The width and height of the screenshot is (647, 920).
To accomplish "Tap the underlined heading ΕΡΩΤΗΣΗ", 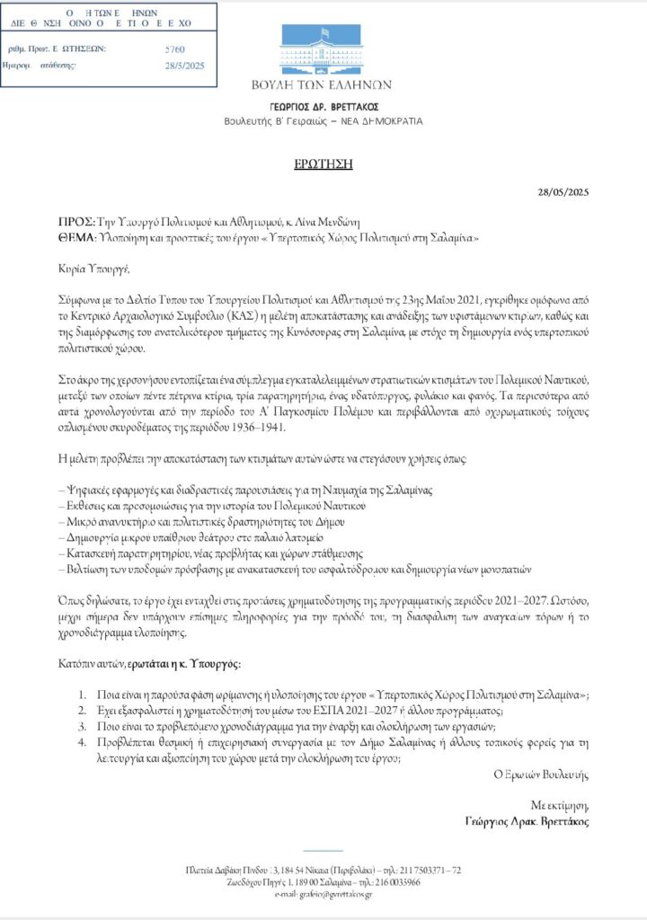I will [323, 164].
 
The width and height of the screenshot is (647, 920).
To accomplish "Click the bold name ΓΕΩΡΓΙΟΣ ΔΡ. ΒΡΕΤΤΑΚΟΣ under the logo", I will [323, 105].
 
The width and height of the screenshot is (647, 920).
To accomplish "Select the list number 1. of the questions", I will [81, 695].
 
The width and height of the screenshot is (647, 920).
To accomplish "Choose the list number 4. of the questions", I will [81, 742].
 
